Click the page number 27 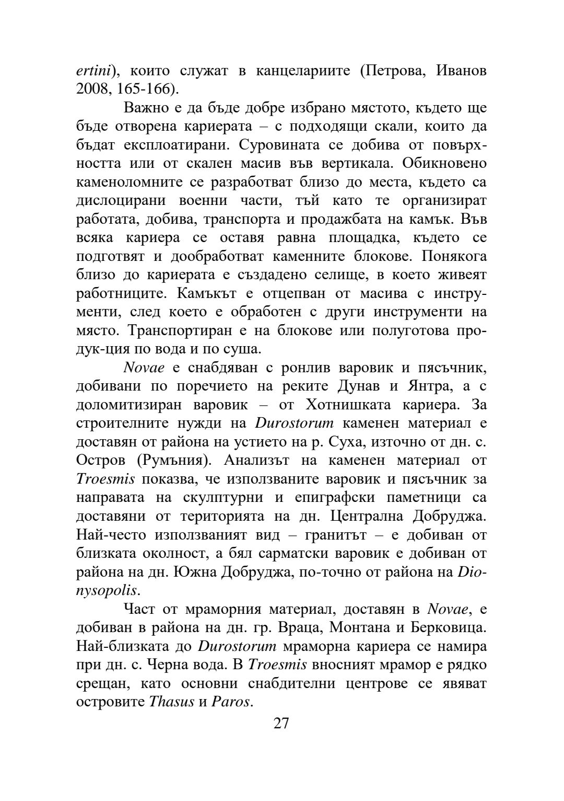[281, 723]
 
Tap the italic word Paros [230, 701]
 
